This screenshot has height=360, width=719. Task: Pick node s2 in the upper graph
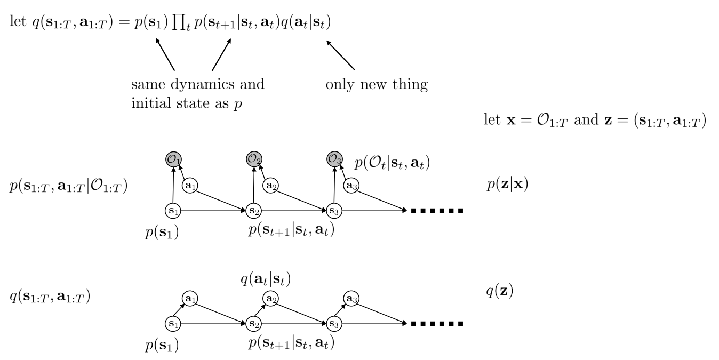tap(253, 211)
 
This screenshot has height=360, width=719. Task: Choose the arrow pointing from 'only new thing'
tap(340, 55)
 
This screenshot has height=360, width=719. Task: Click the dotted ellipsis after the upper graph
tap(437, 211)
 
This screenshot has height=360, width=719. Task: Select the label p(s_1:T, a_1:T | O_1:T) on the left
tap(68, 188)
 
